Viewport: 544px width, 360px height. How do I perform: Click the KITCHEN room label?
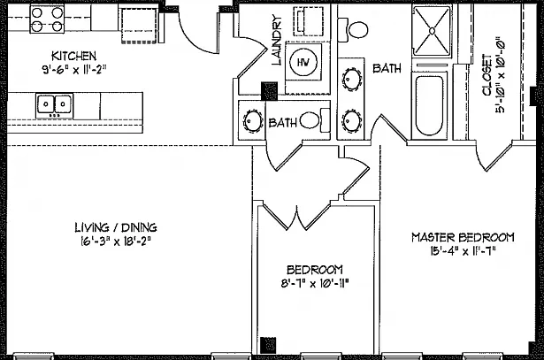pos(73,56)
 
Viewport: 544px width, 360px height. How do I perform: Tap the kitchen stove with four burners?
pos(47,19)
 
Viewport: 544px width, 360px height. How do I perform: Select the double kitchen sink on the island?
pos(55,105)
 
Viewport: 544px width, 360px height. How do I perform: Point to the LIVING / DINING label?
pos(116,227)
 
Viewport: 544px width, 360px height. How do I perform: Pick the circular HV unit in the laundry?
pos(303,62)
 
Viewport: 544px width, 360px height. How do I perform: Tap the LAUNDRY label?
pos(277,40)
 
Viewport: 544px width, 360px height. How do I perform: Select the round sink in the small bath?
pos(252,121)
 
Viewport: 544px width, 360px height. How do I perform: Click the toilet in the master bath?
pos(353,30)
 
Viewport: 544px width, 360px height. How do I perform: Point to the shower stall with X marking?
pos(432,31)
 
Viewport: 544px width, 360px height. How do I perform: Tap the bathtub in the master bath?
pos(429,105)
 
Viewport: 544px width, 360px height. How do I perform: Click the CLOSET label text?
pos(487,75)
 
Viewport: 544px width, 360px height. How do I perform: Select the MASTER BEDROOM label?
pos(463,238)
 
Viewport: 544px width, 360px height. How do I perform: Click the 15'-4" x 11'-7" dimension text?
pos(463,250)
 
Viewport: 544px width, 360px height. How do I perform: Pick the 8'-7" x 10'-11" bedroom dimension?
pos(315,284)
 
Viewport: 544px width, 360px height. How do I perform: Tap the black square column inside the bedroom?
pos(268,345)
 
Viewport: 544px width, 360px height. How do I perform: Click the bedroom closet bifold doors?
pos(296,218)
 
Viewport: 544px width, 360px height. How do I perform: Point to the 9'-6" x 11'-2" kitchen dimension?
pos(73,69)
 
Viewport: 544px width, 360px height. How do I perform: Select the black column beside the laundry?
pos(269,91)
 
